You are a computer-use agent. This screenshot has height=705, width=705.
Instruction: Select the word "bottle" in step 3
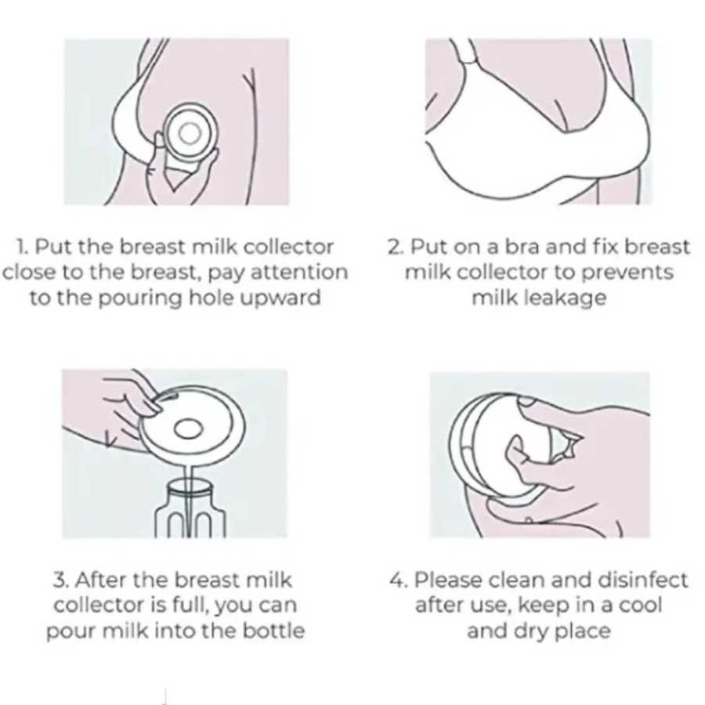(x=273, y=631)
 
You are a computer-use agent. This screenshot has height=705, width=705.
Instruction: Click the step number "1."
(x=23, y=247)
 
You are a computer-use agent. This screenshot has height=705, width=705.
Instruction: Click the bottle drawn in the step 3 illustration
(x=190, y=509)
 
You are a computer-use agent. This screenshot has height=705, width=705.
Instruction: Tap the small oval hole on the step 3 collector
(x=188, y=428)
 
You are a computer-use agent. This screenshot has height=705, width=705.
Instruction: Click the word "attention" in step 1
(x=299, y=273)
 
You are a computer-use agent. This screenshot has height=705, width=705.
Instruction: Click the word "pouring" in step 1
(x=139, y=298)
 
